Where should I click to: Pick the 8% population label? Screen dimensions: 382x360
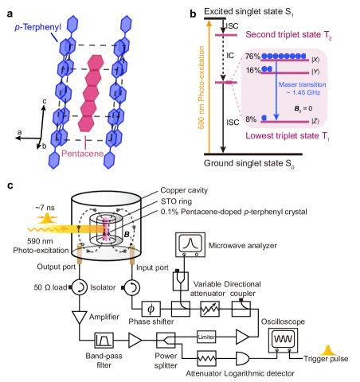[x=252, y=119]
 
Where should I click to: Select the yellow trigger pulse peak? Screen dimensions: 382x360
[x=326, y=349]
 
